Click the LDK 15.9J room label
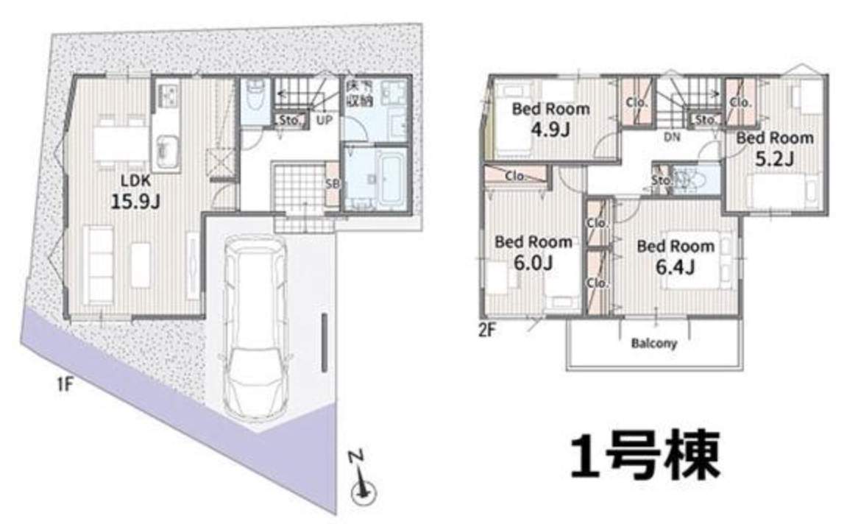click(x=135, y=192)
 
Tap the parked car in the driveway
click(x=255, y=327)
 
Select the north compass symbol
click(x=362, y=478)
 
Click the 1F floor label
click(x=65, y=384)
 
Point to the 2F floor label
click(x=487, y=330)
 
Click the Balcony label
click(x=654, y=343)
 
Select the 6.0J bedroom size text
click(x=533, y=262)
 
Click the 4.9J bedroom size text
click(x=550, y=130)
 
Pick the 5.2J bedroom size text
click(x=774, y=158)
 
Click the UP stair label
click(x=325, y=119)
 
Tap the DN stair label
click(x=672, y=137)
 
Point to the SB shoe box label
click(x=332, y=184)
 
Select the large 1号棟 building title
click(x=645, y=456)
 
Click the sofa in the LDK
click(x=99, y=264)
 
